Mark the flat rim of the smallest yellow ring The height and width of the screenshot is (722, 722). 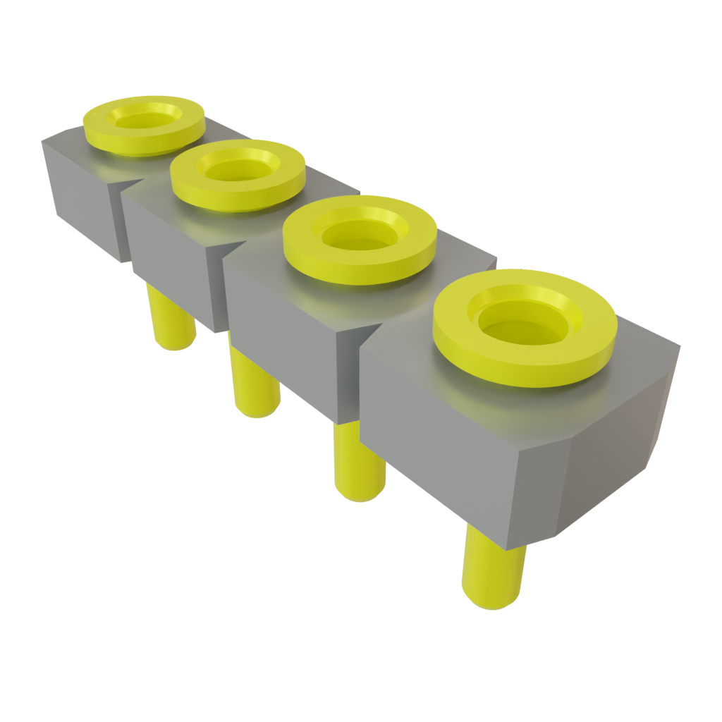point(99,131)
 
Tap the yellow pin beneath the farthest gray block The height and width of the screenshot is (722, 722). point(169,321)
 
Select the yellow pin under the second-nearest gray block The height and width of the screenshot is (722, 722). point(360,465)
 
